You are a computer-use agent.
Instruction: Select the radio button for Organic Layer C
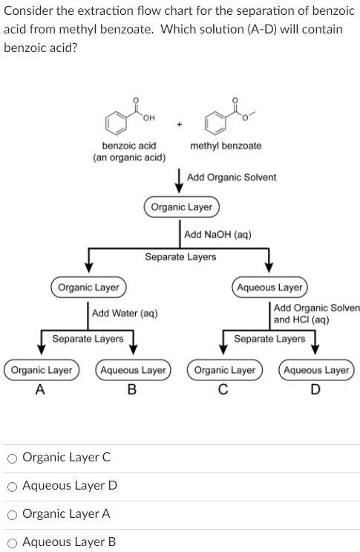[13, 458]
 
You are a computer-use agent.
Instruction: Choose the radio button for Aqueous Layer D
[13, 486]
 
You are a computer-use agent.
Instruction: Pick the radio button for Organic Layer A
[13, 514]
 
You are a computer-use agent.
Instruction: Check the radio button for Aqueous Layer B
[13, 542]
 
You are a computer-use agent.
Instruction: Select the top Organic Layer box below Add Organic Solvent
[182, 207]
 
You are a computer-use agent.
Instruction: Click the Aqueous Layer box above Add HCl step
[269, 287]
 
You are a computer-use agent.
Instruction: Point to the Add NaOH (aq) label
[217, 235]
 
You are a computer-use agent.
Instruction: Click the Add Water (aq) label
[125, 314]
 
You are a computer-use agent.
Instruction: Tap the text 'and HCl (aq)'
[301, 319]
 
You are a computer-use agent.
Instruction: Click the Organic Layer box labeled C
[225, 370]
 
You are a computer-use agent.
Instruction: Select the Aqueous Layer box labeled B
[133, 370]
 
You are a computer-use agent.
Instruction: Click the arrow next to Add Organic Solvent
[180, 179]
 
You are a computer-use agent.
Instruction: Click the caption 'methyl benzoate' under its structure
[226, 146]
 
